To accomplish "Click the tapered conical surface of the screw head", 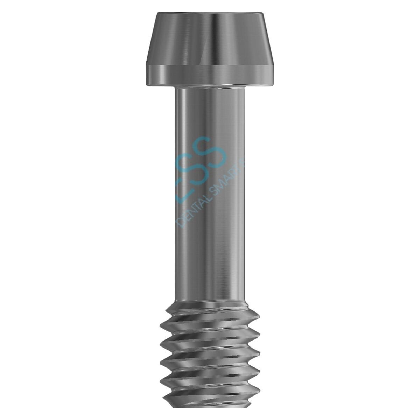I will pos(210,38).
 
